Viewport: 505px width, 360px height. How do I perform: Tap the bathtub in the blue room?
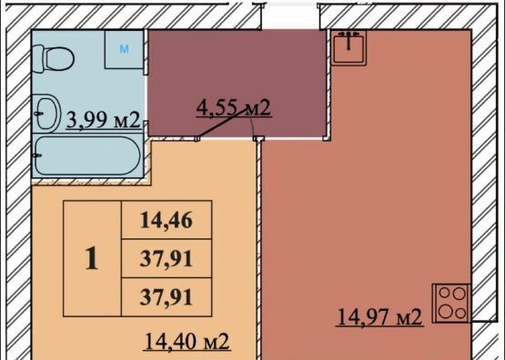click(x=87, y=155)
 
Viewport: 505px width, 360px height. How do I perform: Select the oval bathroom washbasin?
click(x=46, y=114)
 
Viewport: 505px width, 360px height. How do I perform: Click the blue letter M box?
click(x=124, y=49)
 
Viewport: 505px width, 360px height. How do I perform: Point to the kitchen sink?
click(x=348, y=47)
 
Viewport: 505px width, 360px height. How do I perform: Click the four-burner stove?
click(x=452, y=303)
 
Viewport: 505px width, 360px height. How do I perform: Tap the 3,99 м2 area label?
click(x=103, y=120)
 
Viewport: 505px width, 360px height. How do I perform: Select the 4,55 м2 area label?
click(x=234, y=107)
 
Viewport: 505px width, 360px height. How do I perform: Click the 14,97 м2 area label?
click(x=379, y=317)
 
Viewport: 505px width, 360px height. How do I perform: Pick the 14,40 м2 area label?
click(x=187, y=341)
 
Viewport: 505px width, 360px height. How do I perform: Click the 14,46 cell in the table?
click(x=167, y=220)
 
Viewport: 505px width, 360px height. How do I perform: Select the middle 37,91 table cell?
click(x=167, y=258)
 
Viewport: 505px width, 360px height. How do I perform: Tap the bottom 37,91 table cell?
click(x=167, y=297)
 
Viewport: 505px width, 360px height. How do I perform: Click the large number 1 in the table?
click(x=92, y=259)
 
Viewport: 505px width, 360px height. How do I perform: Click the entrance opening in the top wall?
click(x=291, y=15)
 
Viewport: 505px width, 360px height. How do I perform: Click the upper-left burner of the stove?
click(x=444, y=293)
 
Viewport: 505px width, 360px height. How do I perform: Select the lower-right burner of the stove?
click(x=460, y=313)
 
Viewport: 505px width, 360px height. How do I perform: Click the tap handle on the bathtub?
click(x=37, y=155)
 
